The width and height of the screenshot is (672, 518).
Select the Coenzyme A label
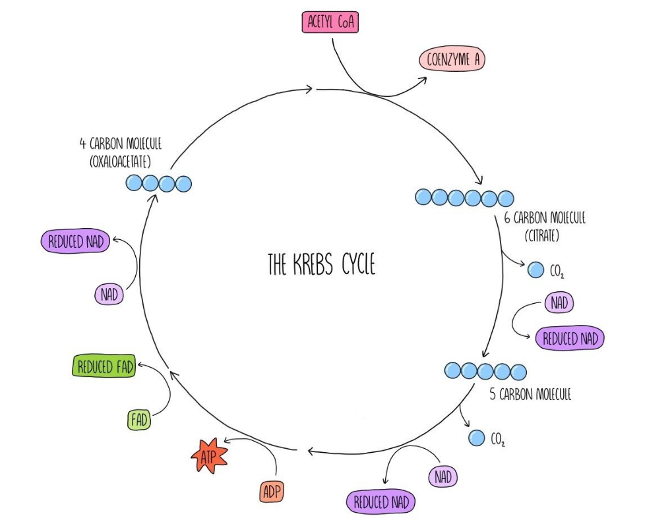[x=452, y=61]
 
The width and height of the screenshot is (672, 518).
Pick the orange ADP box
[x=272, y=491]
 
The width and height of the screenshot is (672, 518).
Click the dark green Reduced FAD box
[x=104, y=367]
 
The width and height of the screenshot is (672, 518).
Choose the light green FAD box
[x=138, y=418]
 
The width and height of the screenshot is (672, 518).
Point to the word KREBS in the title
[x=312, y=265]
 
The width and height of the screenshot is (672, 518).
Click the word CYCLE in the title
[x=358, y=265]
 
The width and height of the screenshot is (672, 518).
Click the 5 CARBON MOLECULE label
[x=530, y=395]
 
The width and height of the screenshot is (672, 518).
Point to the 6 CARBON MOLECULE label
[x=545, y=218]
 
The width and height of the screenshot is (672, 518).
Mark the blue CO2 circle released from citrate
[x=535, y=269]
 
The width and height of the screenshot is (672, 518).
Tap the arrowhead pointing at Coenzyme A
[x=423, y=79]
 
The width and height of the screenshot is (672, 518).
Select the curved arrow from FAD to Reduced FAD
[x=165, y=392]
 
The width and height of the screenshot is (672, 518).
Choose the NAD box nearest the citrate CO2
[x=559, y=303]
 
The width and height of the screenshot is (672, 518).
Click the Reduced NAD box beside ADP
[x=381, y=502]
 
